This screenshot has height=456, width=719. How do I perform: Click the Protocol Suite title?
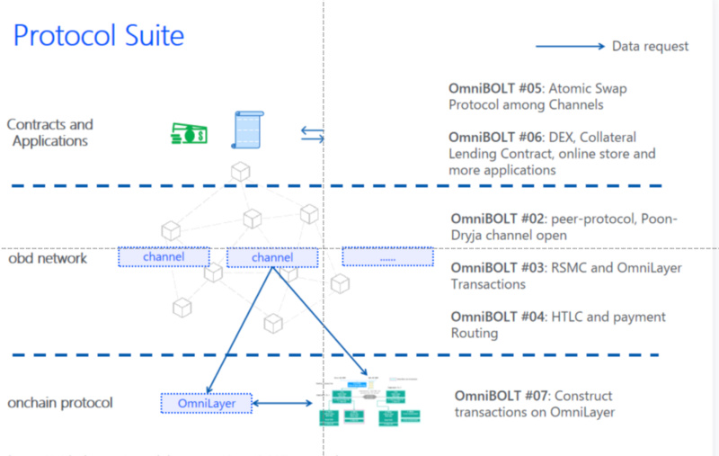[x=99, y=35]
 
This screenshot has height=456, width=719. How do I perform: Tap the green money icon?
[x=190, y=134]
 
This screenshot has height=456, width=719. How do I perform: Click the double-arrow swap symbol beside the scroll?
[x=312, y=134]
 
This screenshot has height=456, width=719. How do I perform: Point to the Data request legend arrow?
[x=570, y=46]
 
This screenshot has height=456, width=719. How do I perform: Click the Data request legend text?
[x=650, y=46]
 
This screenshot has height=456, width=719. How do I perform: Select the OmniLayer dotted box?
[x=207, y=403]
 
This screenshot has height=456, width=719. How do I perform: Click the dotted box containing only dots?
[x=387, y=257]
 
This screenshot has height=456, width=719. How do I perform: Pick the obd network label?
[x=48, y=258]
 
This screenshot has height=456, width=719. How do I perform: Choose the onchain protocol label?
[x=60, y=402]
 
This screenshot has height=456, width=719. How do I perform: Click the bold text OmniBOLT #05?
[x=496, y=89]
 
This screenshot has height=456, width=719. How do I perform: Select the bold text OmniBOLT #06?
[x=496, y=137]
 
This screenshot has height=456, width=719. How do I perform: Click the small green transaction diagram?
[x=368, y=401]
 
